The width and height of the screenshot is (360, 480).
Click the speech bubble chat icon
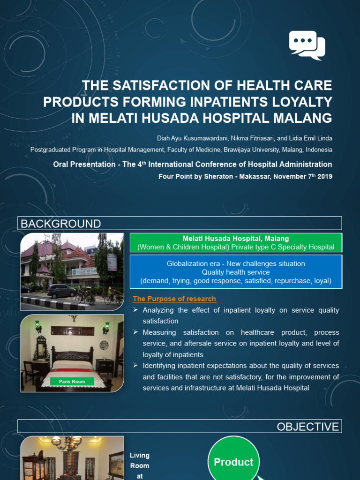point(307,45)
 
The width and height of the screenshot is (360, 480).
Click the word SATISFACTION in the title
point(154,86)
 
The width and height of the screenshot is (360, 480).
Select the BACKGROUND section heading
point(60,224)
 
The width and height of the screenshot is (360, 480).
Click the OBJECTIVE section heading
point(307,427)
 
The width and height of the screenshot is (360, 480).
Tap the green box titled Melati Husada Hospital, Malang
point(235,243)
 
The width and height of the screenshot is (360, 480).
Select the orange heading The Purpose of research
point(174,299)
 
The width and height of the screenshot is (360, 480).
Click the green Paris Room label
point(72,382)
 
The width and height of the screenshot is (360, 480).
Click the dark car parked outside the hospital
point(62,291)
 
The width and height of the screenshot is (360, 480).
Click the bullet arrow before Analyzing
point(135,310)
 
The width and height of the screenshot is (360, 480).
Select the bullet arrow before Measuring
point(135,332)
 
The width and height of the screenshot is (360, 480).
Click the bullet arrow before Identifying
point(135,366)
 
